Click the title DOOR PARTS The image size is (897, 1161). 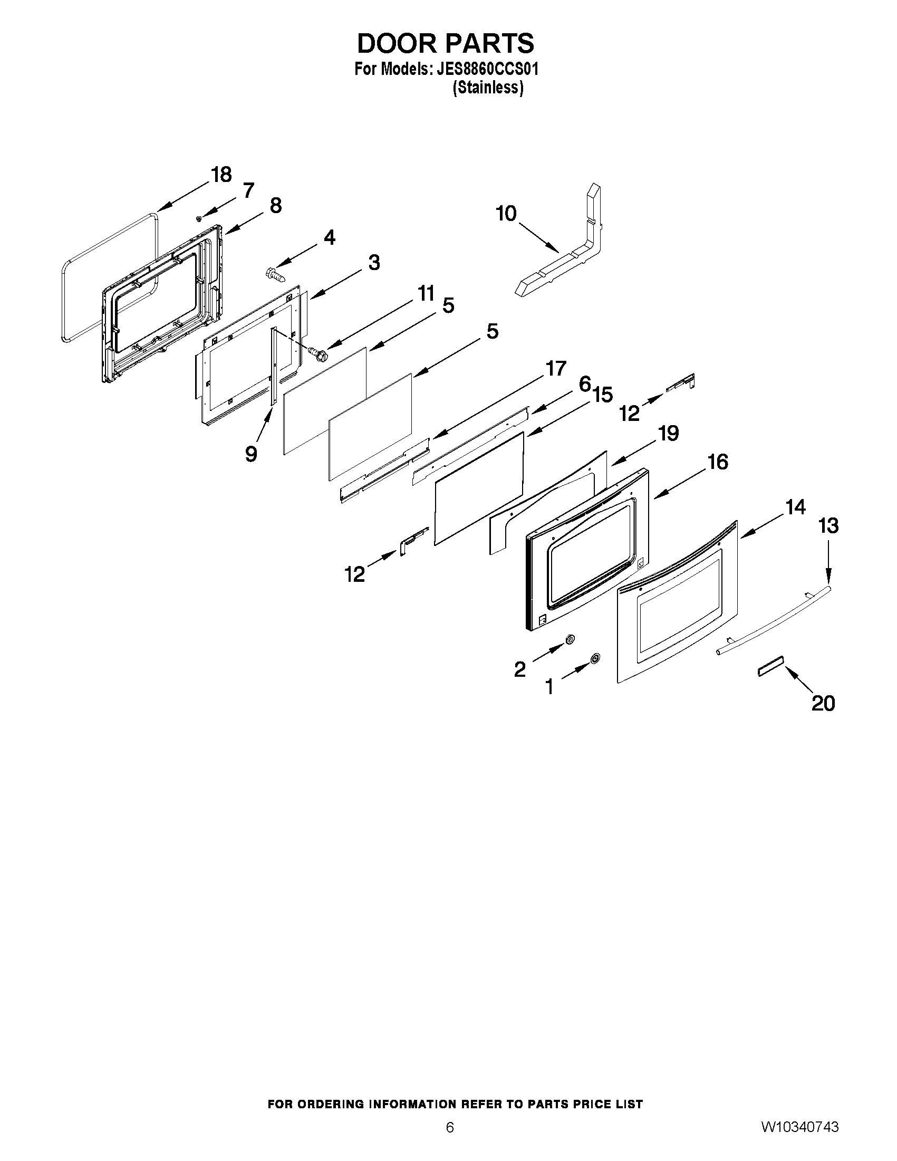pos(445,44)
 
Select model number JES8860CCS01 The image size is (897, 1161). pos(487,70)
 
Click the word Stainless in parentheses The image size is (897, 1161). pos(488,88)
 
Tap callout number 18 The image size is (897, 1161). pos(221,175)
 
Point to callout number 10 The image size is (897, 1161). pos(506,214)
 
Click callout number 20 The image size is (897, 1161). pos(823,703)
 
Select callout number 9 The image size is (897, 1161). pos(252,453)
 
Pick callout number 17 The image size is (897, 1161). pos(556,368)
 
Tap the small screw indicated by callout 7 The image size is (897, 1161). pos(198,218)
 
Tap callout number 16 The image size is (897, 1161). pos(718,462)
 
